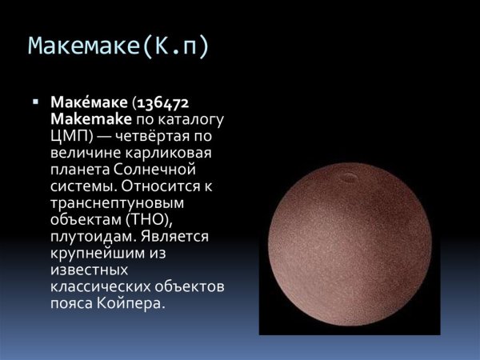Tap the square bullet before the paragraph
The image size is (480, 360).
36,102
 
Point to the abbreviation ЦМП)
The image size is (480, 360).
70,135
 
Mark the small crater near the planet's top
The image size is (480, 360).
350,174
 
